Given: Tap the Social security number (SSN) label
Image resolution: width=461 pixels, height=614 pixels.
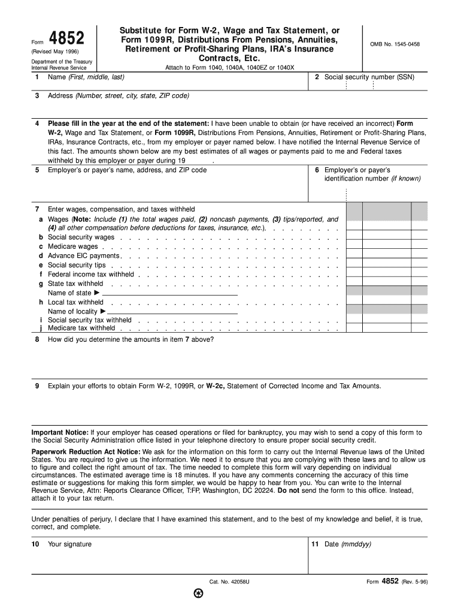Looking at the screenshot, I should [x=369, y=77].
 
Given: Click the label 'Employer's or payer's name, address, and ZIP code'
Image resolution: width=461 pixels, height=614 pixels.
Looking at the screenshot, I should [x=127, y=170].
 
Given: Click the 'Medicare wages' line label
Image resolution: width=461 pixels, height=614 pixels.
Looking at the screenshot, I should [x=72, y=246].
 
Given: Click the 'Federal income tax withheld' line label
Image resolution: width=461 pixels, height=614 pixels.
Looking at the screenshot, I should [x=90, y=274].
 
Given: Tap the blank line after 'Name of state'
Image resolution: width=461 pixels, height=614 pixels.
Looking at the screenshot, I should [x=170, y=294].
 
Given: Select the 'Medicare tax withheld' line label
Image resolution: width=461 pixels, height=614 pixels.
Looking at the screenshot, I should [x=81, y=328].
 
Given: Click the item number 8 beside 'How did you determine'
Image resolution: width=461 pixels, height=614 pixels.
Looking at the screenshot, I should [x=37, y=339].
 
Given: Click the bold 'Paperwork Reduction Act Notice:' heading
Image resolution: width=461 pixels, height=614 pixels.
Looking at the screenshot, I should [x=81, y=452].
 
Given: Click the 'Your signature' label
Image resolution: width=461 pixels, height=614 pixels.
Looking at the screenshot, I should [x=69, y=544].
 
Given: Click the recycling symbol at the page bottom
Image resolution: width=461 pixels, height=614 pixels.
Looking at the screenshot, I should [x=199, y=595].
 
